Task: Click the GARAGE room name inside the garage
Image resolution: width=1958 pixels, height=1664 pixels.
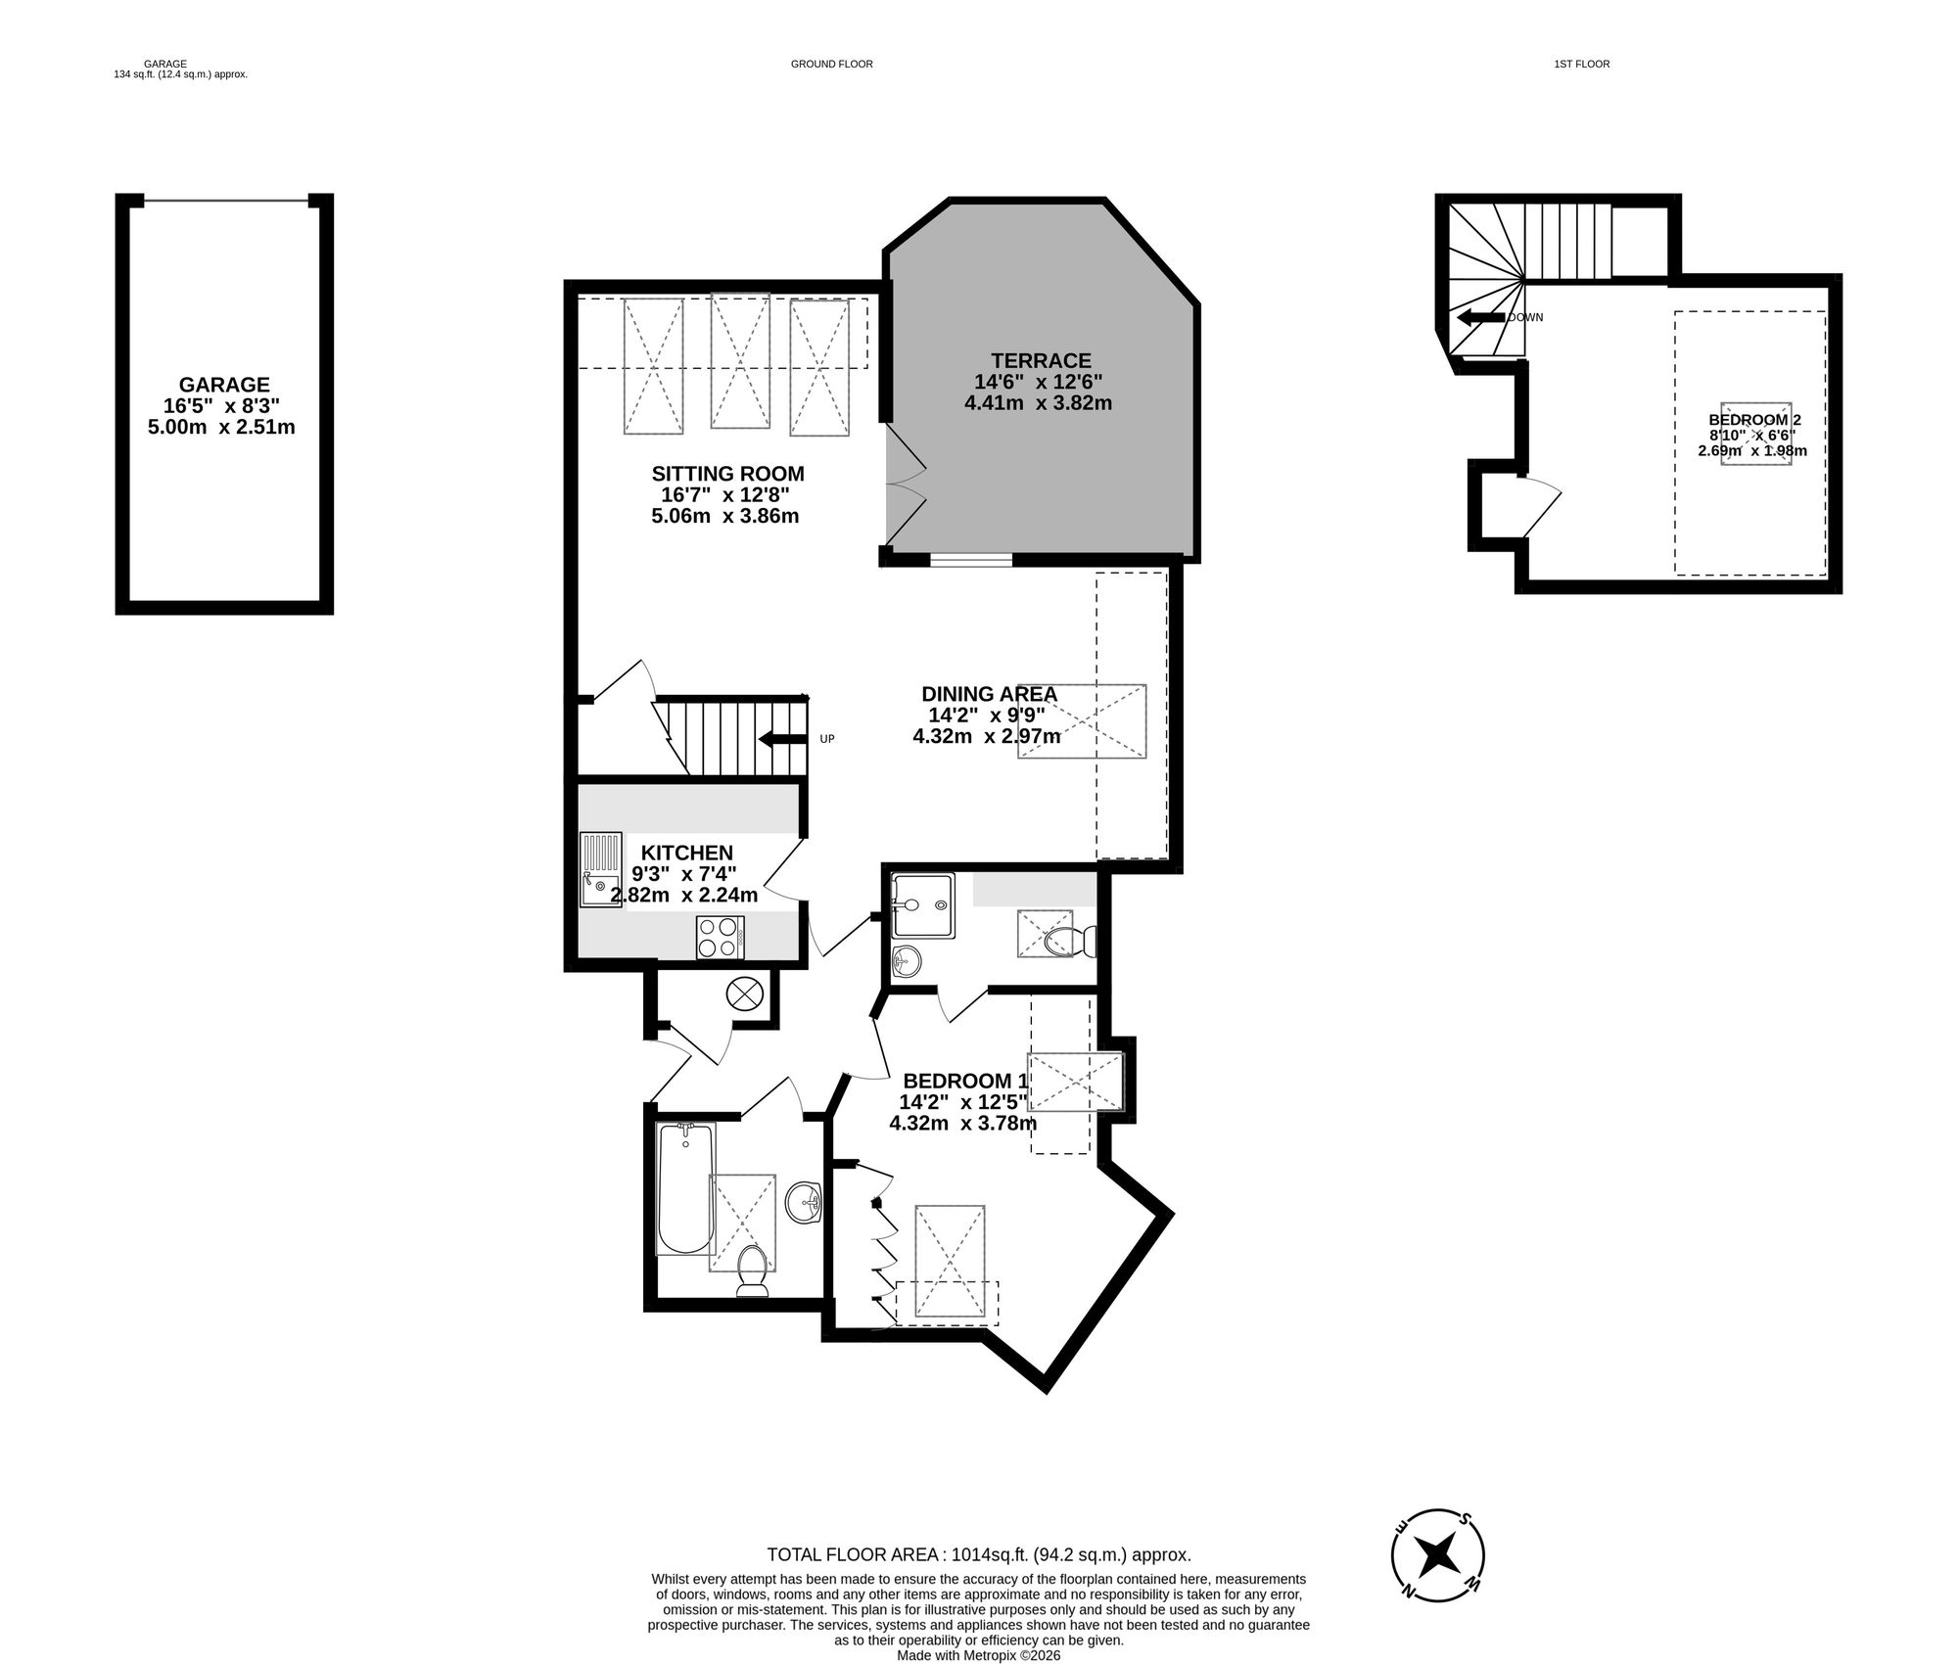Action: pyautogui.click(x=223, y=385)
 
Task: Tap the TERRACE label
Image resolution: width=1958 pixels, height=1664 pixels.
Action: pyautogui.click(x=1040, y=360)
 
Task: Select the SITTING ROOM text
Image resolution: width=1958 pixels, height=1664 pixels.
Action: pyautogui.click(x=727, y=474)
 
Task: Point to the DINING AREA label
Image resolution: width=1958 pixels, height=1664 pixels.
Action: pyautogui.click(x=989, y=694)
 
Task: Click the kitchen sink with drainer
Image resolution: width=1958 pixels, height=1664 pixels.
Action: pyautogui.click(x=600, y=868)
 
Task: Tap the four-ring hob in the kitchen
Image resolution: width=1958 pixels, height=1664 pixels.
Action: pyautogui.click(x=720, y=937)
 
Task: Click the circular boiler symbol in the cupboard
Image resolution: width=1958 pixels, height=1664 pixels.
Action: pyautogui.click(x=743, y=994)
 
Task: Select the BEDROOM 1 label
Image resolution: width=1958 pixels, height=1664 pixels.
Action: pyautogui.click(x=965, y=1081)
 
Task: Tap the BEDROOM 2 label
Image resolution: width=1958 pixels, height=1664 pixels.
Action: pyautogui.click(x=1754, y=419)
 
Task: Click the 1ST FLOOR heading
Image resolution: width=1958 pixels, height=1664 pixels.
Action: pyautogui.click(x=1581, y=64)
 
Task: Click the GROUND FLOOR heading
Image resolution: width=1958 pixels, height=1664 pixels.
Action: pyautogui.click(x=831, y=64)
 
